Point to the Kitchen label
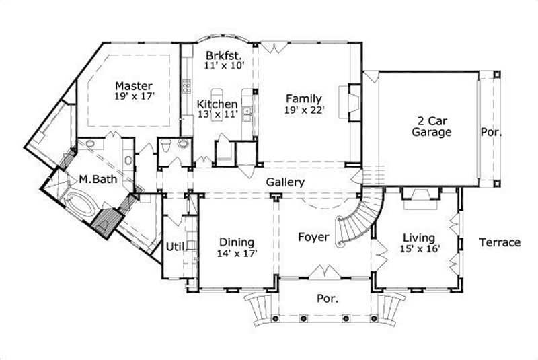click(217, 104)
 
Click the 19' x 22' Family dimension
click(303, 109)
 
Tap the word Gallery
click(285, 182)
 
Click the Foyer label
click(313, 237)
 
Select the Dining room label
click(236, 242)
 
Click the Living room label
click(418, 238)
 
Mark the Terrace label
click(500, 242)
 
